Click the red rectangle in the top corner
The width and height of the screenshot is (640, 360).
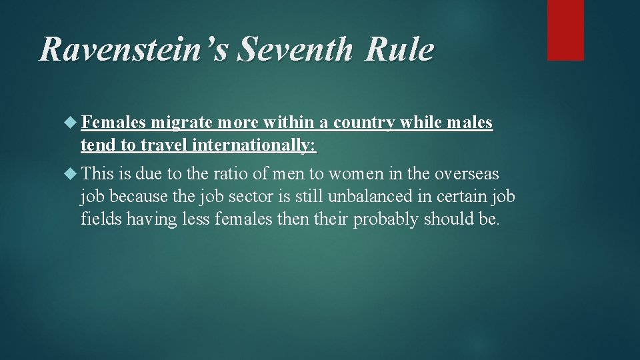pyautogui.click(x=565, y=30)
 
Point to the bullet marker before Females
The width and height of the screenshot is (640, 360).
pyautogui.click(x=73, y=123)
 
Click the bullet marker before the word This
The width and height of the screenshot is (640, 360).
pyautogui.click(x=73, y=174)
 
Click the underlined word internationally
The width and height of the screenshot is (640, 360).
pyautogui.click(x=255, y=145)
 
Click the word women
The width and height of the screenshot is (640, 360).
pyautogui.click(x=357, y=174)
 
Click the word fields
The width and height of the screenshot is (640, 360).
pyautogui.click(x=97, y=219)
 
